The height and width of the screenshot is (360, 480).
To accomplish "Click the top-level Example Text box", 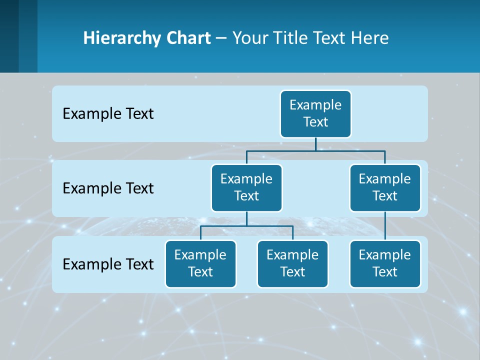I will pyautogui.click(x=315, y=113).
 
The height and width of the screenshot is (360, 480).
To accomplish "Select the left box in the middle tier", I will pyautogui.click(x=246, y=187).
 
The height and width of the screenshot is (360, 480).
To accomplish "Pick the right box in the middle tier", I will pyautogui.click(x=385, y=187).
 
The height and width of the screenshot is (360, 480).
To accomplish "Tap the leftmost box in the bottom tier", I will pyautogui.click(x=200, y=263).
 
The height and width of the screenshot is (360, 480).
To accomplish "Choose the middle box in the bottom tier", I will pyautogui.click(x=292, y=263).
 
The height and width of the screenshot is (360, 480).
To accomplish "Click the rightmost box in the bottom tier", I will pyautogui.click(x=385, y=263).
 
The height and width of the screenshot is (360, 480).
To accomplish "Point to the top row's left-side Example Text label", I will pyautogui.click(x=108, y=114).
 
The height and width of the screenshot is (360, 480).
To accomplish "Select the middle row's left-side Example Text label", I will pyautogui.click(x=108, y=188).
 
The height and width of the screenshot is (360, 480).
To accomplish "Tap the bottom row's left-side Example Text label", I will pyautogui.click(x=108, y=264).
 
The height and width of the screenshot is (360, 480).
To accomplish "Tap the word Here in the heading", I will pyautogui.click(x=369, y=38).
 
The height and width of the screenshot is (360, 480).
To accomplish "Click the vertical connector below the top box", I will pyautogui.click(x=315, y=144).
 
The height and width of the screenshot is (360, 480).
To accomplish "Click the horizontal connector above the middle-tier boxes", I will pyautogui.click(x=315, y=150).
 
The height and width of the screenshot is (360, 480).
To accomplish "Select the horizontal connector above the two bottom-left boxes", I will pyautogui.click(x=246, y=226).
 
